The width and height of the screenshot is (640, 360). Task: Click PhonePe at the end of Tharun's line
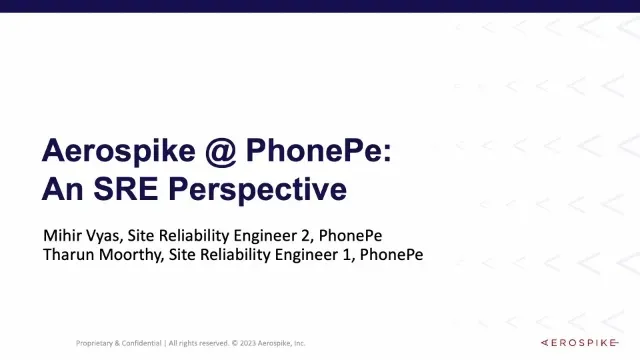tap(391, 254)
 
